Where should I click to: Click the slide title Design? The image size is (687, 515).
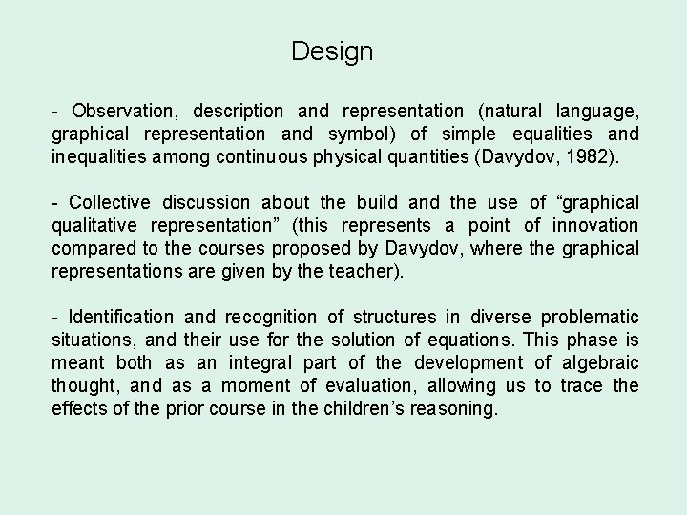332,51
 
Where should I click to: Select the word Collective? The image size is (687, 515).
110,202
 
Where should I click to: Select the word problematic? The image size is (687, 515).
591,317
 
